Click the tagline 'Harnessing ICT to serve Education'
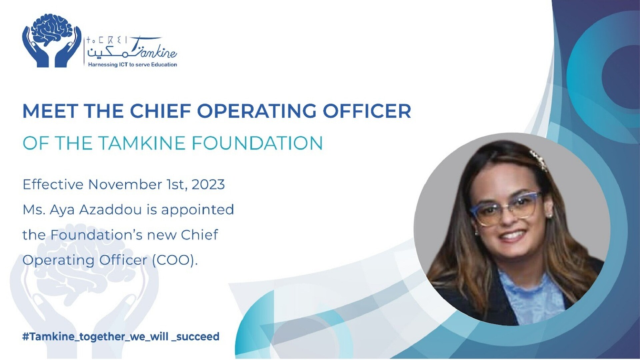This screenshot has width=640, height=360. pyautogui.click(x=132, y=65)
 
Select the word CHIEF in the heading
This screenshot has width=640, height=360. pyautogui.click(x=160, y=111)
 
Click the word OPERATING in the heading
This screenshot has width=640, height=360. pyautogui.click(x=257, y=111)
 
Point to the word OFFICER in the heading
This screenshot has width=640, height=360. pyautogui.click(x=367, y=111)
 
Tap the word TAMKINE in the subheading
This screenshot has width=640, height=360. pyautogui.click(x=142, y=143)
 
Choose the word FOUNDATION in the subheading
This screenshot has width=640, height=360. pyautogui.click(x=257, y=143)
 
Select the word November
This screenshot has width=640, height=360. pyautogui.click(x=125, y=184)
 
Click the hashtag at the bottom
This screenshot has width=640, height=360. pyautogui.click(x=121, y=337)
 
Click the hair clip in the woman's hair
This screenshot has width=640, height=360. pyautogui.click(x=538, y=160)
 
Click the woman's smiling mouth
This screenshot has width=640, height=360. pyautogui.click(x=512, y=236)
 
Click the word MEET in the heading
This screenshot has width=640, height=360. pyautogui.click(x=50, y=111)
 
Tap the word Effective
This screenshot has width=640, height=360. pyautogui.click(x=53, y=184)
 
